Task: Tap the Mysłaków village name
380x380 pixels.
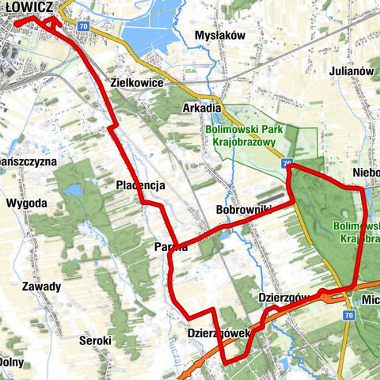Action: pos(221,36)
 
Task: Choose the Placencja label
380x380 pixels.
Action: pos(139,185)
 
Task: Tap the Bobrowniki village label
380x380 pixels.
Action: pos(244,210)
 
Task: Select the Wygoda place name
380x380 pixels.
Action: pos(26,203)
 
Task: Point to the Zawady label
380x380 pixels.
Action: pos(42,286)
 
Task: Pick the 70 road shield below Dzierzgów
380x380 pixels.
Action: pos(348,315)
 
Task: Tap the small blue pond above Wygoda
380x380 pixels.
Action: pos(73,190)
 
